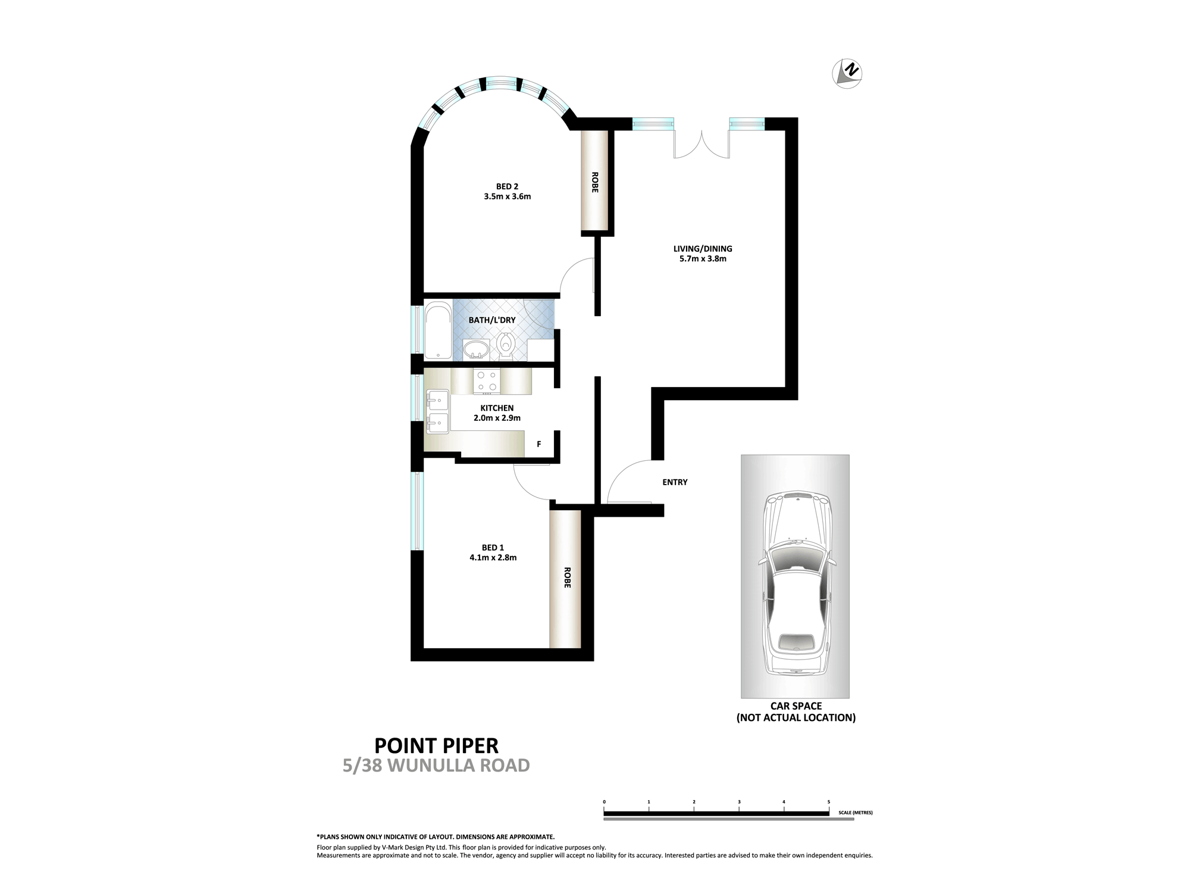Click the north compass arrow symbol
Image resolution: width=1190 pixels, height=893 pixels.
[x=847, y=74]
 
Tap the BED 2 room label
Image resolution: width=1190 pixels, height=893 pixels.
[x=507, y=186]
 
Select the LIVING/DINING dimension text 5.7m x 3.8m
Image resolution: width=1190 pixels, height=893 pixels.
[x=703, y=259]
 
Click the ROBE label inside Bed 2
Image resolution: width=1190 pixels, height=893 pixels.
[x=595, y=182]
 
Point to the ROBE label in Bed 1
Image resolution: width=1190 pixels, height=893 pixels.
[x=566, y=577]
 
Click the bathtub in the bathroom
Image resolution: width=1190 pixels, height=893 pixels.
[x=438, y=332]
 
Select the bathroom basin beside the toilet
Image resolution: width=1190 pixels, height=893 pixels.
[x=475, y=350]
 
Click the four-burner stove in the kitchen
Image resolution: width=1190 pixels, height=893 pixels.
[x=487, y=382]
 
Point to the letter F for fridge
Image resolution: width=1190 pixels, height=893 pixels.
[x=539, y=444]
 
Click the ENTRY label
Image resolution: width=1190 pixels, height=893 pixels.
[x=675, y=482]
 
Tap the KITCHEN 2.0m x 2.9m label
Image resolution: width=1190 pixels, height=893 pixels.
[x=497, y=413]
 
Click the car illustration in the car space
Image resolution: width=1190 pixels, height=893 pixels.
[x=796, y=583]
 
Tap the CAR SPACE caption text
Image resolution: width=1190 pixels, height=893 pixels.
[x=796, y=711]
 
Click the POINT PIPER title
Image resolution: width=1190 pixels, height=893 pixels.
[x=436, y=745]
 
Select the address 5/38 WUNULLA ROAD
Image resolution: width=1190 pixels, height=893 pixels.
[x=436, y=766]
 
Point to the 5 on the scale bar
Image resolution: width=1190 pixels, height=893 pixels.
[x=828, y=803]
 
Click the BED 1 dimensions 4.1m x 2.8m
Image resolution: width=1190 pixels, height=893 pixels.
[x=493, y=558]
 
